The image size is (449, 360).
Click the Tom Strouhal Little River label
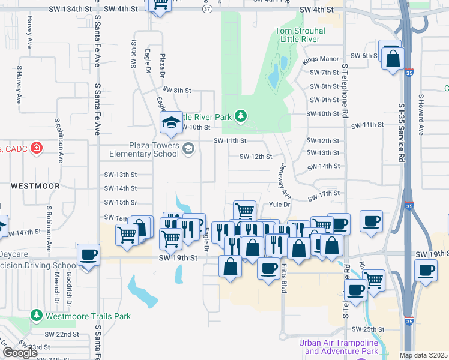pos(300,35)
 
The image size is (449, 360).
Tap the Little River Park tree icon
pos(240,115)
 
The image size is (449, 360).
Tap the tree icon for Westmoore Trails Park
pos(37,315)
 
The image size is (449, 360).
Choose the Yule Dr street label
pos(279,205)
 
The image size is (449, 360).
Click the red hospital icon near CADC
pos(36,148)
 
